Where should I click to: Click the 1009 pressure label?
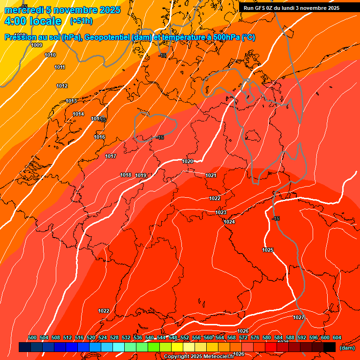click(x=37, y=45)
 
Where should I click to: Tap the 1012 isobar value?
click(x=62, y=86)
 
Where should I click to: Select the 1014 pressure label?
click(x=78, y=114)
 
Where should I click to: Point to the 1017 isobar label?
click(x=111, y=156)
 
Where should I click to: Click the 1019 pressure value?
click(x=141, y=175)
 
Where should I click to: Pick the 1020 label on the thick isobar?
click(x=187, y=161)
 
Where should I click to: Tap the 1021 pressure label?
click(x=210, y=175)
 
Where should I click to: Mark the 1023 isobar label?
click(x=221, y=212)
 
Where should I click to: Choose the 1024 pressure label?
click(x=229, y=222)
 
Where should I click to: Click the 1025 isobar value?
click(x=268, y=250)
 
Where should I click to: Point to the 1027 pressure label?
click(x=299, y=317)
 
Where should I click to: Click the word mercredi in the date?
click(x=24, y=10)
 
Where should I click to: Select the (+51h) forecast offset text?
click(x=81, y=21)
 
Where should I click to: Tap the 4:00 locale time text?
click(x=33, y=21)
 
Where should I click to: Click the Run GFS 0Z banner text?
click(x=291, y=7)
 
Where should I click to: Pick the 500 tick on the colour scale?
click(x=32, y=338)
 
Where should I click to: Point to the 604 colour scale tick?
click(x=337, y=338)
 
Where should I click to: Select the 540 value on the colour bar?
click(x=150, y=338)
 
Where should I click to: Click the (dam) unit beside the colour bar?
click(x=347, y=347)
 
